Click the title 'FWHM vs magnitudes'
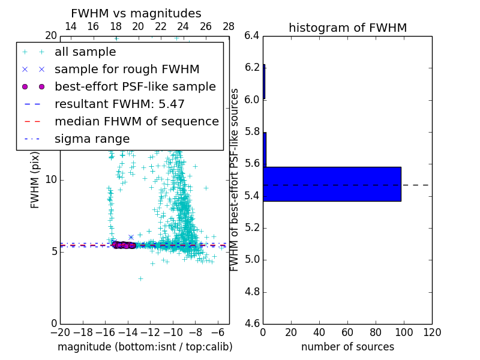[136, 13]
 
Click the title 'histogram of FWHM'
[347, 28]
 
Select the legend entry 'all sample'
[85, 52]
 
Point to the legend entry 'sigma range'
[92, 139]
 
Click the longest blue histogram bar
[332, 184]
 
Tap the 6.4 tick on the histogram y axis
[252, 35]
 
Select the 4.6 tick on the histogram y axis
[252, 324]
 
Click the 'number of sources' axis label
[347, 347]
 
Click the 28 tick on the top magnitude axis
[229, 26]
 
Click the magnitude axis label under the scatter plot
[145, 347]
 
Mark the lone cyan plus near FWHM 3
[140, 278]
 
